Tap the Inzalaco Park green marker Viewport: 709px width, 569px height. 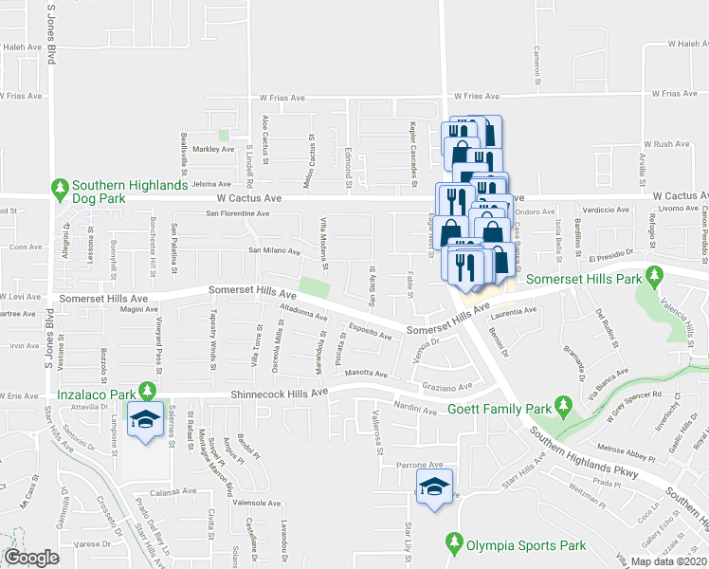[147, 390]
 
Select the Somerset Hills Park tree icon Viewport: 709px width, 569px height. [654, 277]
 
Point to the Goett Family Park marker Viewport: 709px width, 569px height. [566, 408]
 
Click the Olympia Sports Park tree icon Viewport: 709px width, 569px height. [453, 544]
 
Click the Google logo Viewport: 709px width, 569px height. [32, 558]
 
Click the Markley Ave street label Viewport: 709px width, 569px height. [212, 150]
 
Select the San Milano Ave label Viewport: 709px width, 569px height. [274, 251]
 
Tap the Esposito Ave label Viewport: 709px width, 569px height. [370, 332]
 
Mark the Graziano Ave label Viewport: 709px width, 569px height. [440, 387]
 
